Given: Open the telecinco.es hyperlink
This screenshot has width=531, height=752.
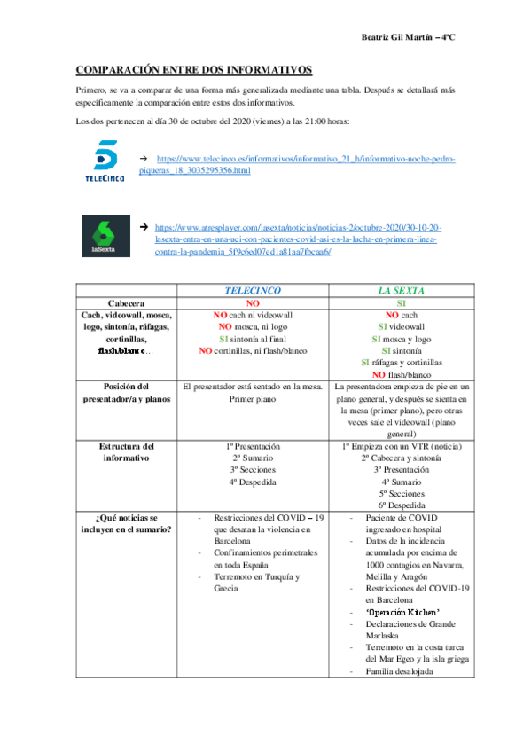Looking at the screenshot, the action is (x=306, y=164).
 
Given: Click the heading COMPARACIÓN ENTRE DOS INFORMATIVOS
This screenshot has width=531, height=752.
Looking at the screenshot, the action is (x=194, y=69).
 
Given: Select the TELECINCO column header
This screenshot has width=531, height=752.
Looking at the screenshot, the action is (x=253, y=290).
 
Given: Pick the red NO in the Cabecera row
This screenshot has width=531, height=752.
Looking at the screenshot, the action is (x=253, y=302).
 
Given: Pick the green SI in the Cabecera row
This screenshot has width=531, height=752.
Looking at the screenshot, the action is (x=402, y=302).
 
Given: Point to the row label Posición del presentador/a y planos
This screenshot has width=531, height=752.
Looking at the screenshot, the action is (x=125, y=393).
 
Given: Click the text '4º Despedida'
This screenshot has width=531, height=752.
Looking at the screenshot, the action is (x=253, y=483).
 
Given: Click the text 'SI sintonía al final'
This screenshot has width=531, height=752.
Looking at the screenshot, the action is (x=253, y=339).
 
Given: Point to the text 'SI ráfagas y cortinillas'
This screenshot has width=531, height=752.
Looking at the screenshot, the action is (x=402, y=362).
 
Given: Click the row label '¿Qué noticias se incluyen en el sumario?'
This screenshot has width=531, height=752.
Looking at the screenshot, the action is (x=125, y=523).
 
